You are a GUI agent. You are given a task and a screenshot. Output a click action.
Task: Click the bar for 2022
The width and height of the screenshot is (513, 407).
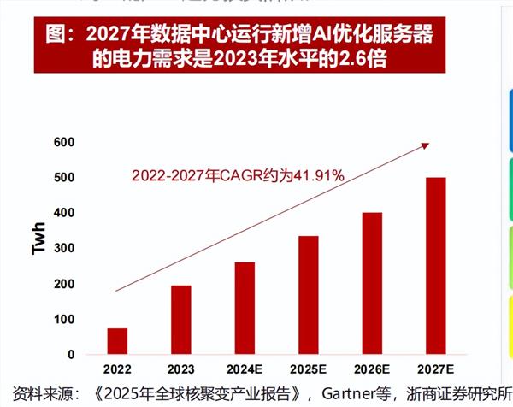coord(117,341)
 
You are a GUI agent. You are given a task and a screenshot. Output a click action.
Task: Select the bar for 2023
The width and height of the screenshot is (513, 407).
coord(180,320)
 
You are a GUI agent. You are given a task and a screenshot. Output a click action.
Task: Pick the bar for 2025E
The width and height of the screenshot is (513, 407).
coord(308,295)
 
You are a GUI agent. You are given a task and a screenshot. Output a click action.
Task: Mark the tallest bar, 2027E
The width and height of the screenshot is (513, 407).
coord(436,266)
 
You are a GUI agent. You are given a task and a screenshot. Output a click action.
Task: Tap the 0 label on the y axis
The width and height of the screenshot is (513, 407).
coord(71,354)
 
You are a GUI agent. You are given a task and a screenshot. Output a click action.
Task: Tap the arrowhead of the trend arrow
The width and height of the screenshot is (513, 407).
coord(425,146)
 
